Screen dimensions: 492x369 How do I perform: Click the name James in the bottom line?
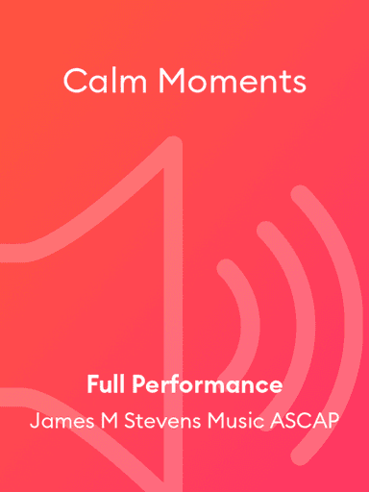(x=61, y=421)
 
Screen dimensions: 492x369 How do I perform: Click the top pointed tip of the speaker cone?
(x=173, y=144)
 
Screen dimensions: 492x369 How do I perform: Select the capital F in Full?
(x=92, y=385)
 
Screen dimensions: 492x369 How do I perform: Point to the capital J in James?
(x=35, y=421)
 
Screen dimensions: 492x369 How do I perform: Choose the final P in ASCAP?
(x=332, y=421)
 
